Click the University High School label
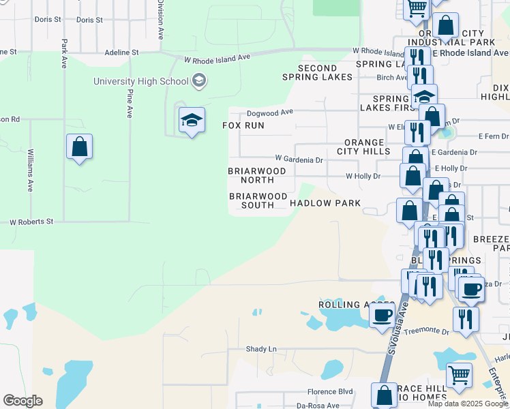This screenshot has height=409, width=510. [141, 82]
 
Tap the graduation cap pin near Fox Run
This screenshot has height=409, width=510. [192, 121]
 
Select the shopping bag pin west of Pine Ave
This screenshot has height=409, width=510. [80, 147]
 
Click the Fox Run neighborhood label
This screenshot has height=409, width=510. [243, 126]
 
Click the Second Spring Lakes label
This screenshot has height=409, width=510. [317, 72]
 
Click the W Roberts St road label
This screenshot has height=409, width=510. [31, 222]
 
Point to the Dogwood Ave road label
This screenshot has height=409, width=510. [269, 112]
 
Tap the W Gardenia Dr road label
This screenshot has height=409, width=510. [299, 160]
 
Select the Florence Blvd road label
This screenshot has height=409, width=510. [330, 391]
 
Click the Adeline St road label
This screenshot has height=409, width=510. [121, 52]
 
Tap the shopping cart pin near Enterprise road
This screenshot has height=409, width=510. [459, 374]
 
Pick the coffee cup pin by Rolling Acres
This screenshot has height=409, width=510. [382, 314]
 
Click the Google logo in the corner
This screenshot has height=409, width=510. [22, 401]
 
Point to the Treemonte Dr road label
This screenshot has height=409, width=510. [426, 332]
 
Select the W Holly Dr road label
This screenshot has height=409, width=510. [363, 176]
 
